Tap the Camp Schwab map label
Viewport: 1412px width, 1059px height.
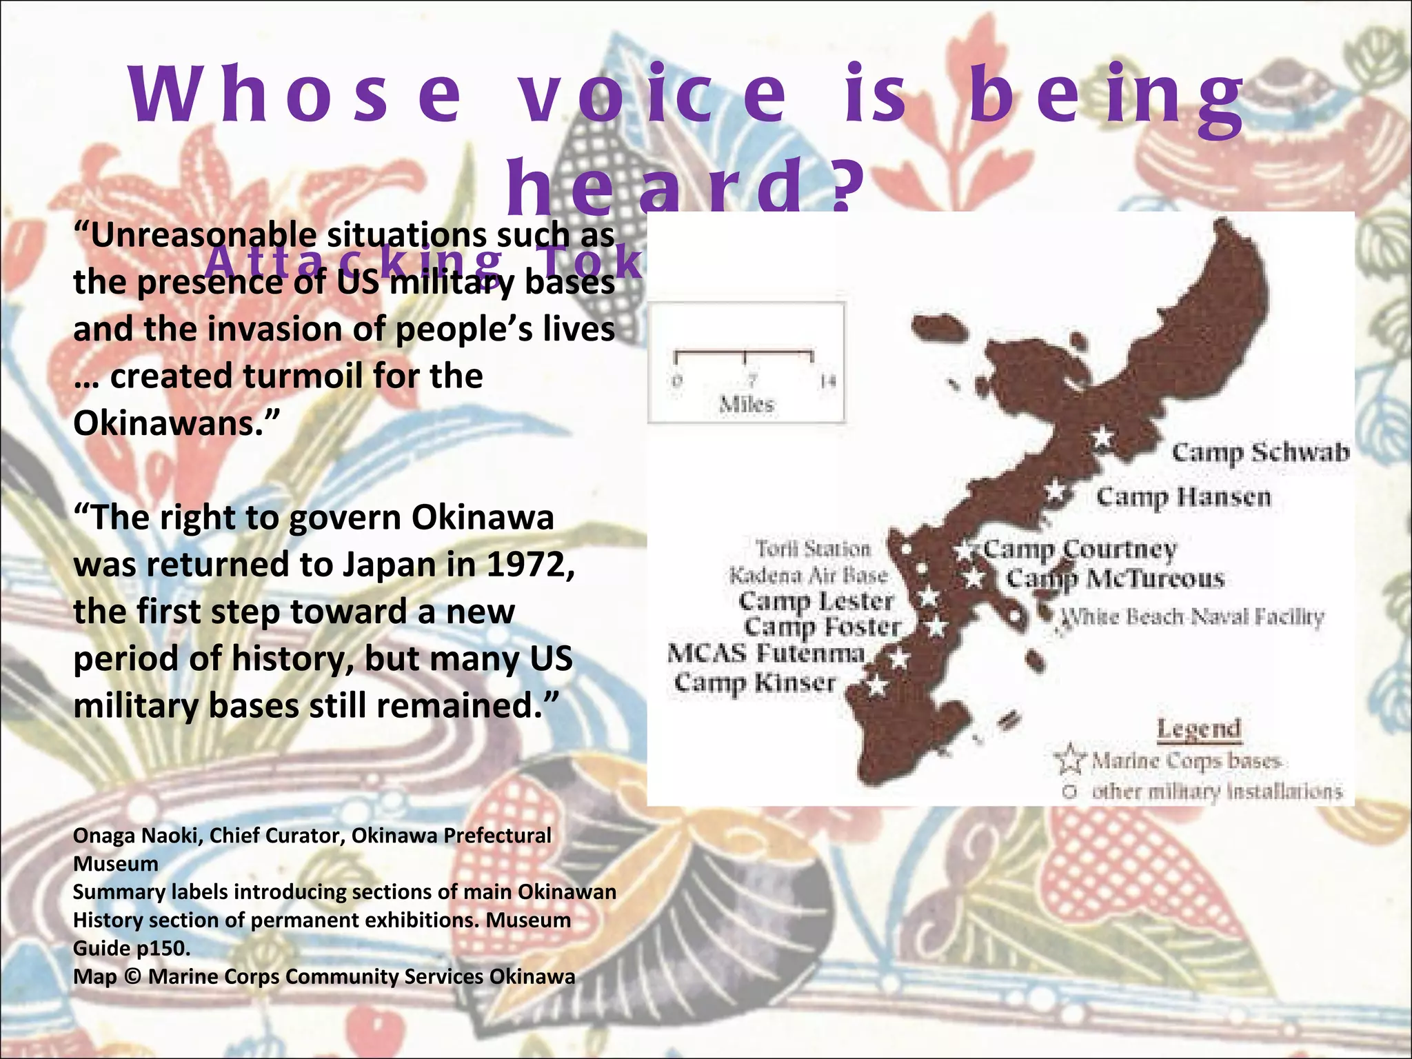[1260, 452]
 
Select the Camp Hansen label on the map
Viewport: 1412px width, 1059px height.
[1183, 496]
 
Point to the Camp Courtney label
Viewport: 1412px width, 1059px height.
[1080, 549]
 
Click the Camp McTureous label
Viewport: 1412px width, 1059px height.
[1115, 578]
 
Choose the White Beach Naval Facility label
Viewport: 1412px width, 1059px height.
[1192, 616]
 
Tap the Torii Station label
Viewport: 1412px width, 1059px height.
[814, 549]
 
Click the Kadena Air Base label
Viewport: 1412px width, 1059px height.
[808, 575]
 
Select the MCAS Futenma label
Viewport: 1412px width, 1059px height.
[765, 653]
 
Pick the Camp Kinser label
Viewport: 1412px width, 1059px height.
[754, 683]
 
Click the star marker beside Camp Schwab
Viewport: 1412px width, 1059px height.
[1102, 436]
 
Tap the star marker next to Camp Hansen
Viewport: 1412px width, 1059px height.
[1055, 491]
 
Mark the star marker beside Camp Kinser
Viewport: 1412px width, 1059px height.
[876, 685]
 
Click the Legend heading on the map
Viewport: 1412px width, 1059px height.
[1198, 729]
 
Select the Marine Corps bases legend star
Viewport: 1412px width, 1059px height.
[1069, 759]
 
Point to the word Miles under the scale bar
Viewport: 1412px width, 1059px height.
[747, 404]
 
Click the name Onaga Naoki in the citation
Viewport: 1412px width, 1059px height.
[137, 836]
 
